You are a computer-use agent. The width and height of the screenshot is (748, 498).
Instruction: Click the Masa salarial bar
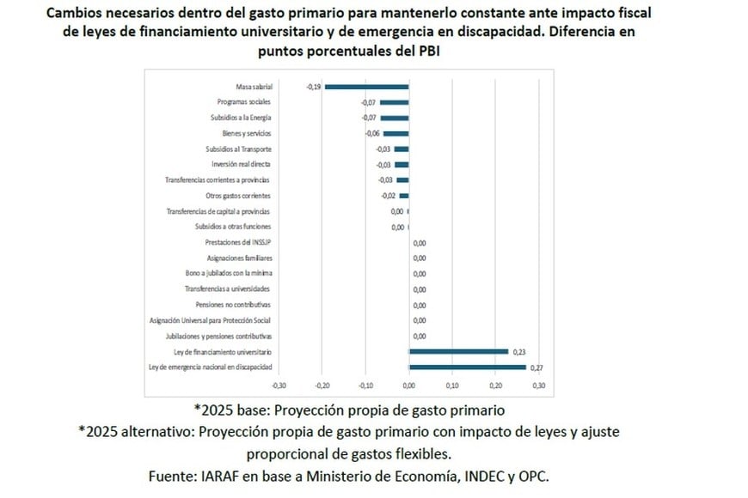(x=366, y=87)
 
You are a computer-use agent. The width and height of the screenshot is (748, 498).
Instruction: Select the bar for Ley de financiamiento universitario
(x=458, y=351)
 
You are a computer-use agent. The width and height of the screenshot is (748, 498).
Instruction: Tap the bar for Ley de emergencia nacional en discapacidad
(x=467, y=367)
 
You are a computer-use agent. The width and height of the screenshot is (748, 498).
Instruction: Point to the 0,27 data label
(x=538, y=367)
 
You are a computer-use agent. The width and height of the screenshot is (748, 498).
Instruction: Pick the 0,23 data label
(x=520, y=352)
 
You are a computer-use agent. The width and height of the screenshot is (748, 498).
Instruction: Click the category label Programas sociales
(x=247, y=102)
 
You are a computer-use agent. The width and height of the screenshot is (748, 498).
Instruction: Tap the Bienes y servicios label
(x=247, y=133)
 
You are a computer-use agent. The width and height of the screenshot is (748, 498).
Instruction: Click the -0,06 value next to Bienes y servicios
(x=372, y=134)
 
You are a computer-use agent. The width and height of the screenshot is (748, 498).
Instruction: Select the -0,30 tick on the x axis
(x=279, y=386)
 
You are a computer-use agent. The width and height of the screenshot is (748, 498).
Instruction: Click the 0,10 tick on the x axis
(x=453, y=386)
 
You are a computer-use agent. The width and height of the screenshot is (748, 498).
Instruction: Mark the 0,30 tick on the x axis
(x=539, y=386)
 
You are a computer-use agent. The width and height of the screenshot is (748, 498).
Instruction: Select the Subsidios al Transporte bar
(x=402, y=149)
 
